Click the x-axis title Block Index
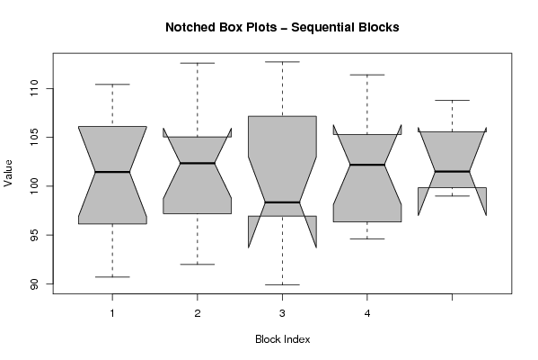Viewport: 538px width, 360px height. pos(282,339)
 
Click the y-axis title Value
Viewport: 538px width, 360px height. pos(8,173)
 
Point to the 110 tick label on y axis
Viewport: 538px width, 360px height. pos(34,88)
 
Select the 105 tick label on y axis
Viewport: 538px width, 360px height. pos(34,137)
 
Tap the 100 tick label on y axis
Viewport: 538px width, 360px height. pos(34,186)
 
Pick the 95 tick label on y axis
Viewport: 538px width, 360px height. pos(34,235)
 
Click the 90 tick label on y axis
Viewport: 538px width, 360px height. pos(34,284)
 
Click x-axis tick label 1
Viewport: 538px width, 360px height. pos(112,313)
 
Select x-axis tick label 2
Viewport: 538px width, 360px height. pos(198,313)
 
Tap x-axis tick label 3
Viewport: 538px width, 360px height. pos(282,313)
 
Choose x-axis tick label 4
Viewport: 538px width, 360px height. pos(367,313)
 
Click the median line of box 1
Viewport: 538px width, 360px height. pos(112,172)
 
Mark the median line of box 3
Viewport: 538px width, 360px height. pos(282,202)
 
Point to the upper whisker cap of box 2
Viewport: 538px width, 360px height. pos(198,63)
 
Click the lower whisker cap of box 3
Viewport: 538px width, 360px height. pos(282,284)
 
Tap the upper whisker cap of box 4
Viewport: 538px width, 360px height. pos(367,75)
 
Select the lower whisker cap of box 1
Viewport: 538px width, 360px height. pos(112,277)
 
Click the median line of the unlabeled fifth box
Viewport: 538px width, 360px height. pos(452,171)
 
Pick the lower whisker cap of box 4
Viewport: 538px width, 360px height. pos(367,238)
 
